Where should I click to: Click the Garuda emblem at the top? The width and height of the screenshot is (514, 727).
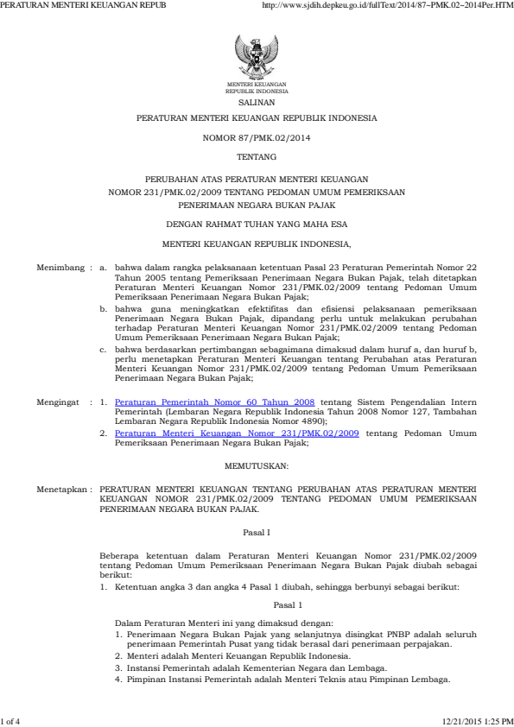click(x=256, y=56)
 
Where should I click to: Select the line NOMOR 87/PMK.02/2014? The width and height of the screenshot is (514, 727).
click(x=257, y=137)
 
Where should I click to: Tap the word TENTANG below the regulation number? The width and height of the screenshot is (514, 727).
click(x=257, y=157)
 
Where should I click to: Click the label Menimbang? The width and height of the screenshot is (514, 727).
click(x=61, y=269)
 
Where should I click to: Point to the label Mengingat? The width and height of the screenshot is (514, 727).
click(x=60, y=402)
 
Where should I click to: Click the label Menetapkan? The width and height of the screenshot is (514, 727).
click(x=62, y=488)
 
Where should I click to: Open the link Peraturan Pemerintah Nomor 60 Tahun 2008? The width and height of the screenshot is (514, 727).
click(x=214, y=402)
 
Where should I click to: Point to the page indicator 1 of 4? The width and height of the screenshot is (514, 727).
click(x=11, y=721)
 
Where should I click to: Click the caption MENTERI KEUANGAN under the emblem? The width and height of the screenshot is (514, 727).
click(x=257, y=84)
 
